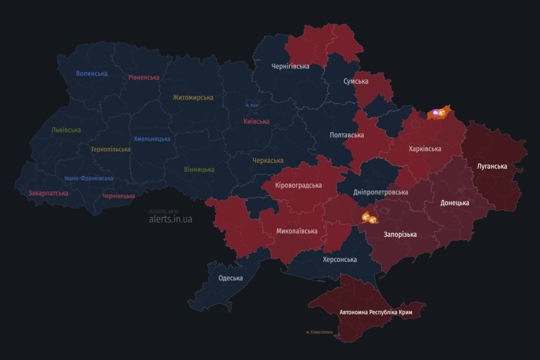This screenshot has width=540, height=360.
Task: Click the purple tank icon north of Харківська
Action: click(x=436, y=112)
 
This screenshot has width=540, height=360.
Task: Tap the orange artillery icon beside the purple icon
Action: click(x=442, y=113)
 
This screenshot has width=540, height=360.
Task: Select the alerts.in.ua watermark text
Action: click(x=170, y=219)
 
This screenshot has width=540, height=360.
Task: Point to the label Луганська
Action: click(x=492, y=167)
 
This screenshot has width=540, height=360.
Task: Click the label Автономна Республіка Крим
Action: click(x=375, y=313)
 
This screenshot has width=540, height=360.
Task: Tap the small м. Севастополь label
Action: click(x=320, y=332)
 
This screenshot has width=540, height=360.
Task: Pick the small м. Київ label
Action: click(x=252, y=105)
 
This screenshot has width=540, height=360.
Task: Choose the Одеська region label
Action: click(x=230, y=278)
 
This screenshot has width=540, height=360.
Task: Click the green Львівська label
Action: click(x=66, y=130)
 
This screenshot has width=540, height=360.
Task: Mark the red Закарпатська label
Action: click(x=49, y=193)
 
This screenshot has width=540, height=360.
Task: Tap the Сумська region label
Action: click(x=356, y=81)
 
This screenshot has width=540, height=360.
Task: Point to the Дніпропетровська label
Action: click(x=381, y=192)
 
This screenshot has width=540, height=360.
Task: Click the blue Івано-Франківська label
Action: click(x=89, y=178)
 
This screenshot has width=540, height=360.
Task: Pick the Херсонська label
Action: click(x=340, y=259)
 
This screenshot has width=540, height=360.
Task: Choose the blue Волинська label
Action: click(x=92, y=73)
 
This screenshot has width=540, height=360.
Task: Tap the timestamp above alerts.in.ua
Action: click(x=163, y=211)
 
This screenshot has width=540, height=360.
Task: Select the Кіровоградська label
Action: click(x=298, y=186)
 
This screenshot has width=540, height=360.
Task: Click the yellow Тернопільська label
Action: click(x=110, y=149)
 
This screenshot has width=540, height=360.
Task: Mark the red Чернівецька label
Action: click(x=119, y=196)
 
